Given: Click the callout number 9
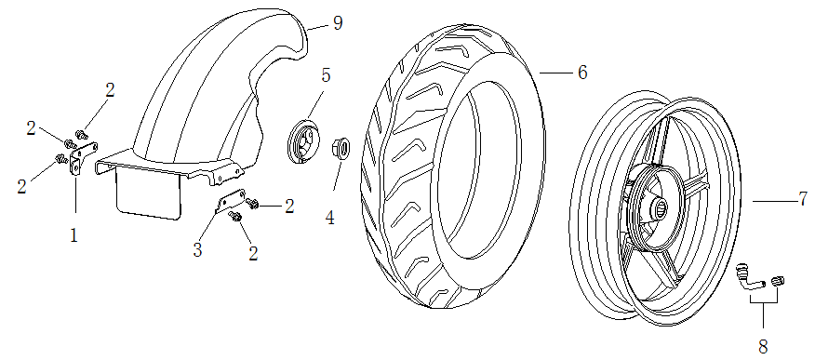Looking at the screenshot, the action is coord(338,23).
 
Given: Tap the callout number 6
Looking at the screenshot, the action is coord(582,73).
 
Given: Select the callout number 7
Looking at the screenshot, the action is coord(803,199).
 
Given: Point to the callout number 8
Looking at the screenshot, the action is coord(763,346).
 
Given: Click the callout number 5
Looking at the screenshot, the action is coord(326,74).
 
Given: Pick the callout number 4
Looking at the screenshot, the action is coord(330,218).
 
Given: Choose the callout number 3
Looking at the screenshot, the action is coord(197,250).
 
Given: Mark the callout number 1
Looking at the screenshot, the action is coord(74,236).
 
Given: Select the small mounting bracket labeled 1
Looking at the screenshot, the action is coord(82,157).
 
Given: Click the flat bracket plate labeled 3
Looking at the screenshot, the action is coord(230,201).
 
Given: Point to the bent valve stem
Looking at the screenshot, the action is coord(749,278).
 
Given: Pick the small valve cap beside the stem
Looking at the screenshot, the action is coord(778,281).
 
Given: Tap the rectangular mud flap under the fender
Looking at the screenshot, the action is coord(149,194).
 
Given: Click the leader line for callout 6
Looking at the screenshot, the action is coord(555,73).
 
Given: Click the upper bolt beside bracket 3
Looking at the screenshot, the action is coord(253,203).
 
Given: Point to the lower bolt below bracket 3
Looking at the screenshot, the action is coord(234,215).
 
